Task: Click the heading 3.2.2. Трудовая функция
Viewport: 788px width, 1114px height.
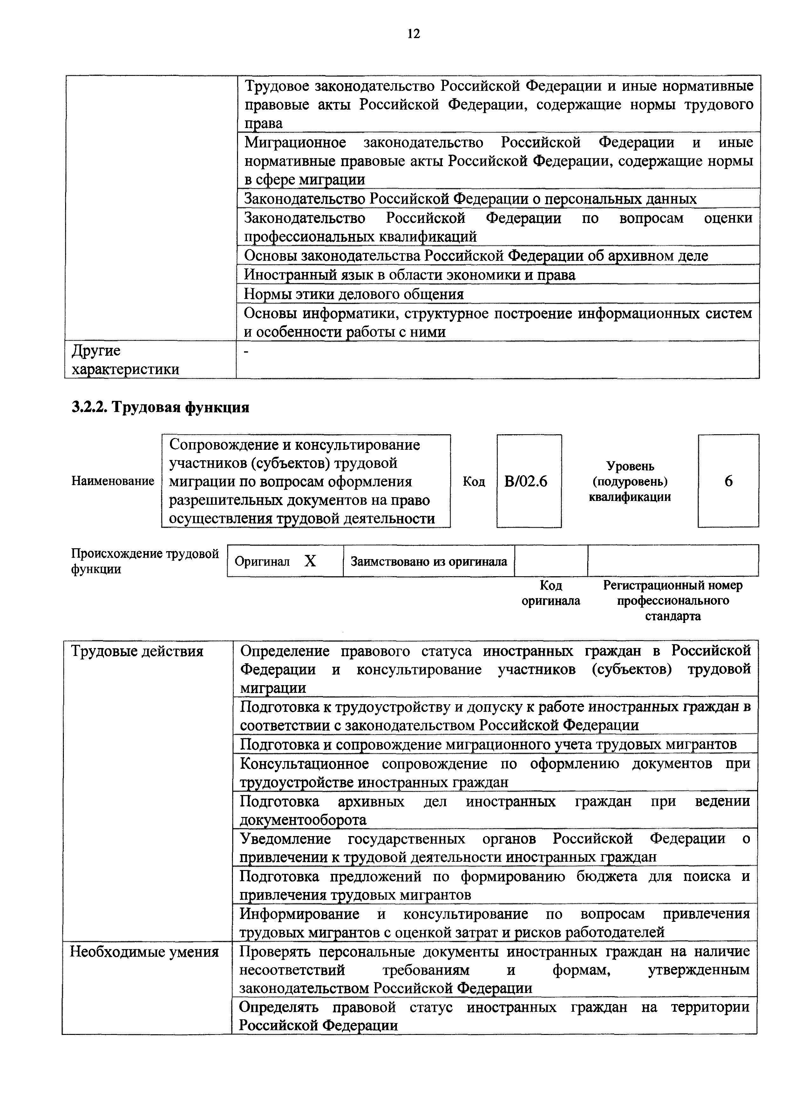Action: (160, 407)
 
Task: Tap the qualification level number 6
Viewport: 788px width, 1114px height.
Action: (728, 481)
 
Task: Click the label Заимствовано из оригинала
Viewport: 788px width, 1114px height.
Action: (428, 561)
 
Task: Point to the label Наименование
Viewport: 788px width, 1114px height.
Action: (112, 481)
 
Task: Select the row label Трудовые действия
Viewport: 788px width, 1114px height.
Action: (137, 651)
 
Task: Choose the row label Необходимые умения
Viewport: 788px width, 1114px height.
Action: (145, 951)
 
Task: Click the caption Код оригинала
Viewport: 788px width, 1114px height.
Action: (551, 593)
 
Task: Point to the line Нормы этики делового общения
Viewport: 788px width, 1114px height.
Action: (354, 294)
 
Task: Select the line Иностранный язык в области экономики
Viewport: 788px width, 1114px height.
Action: (410, 275)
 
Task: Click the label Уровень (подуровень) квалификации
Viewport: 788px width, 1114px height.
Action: (630, 481)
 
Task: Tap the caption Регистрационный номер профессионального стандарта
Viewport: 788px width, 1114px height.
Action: (673, 601)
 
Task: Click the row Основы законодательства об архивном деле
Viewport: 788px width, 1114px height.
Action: (476, 256)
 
